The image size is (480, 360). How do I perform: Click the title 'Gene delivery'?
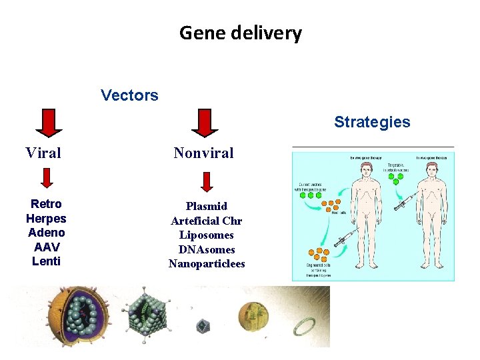click(x=240, y=33)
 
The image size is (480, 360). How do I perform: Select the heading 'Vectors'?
click(x=129, y=95)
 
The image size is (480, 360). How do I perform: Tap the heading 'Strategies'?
click(x=372, y=122)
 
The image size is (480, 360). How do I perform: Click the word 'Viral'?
click(x=43, y=153)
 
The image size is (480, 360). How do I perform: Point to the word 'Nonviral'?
click(x=203, y=153)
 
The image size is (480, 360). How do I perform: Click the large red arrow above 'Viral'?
click(x=48, y=123)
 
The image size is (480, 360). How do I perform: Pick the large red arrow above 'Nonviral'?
click(x=205, y=123)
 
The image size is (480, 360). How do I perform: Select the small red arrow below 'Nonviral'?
click(x=207, y=181)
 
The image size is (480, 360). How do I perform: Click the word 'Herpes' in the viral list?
click(x=46, y=219)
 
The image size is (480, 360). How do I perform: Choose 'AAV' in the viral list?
click(x=47, y=247)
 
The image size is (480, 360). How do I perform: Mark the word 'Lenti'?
click(x=46, y=261)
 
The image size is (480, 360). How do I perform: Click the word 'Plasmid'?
click(x=207, y=206)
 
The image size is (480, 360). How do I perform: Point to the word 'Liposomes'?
click(x=207, y=235)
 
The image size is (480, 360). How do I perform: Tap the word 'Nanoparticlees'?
click(x=207, y=264)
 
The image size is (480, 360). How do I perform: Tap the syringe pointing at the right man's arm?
click(x=406, y=201)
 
